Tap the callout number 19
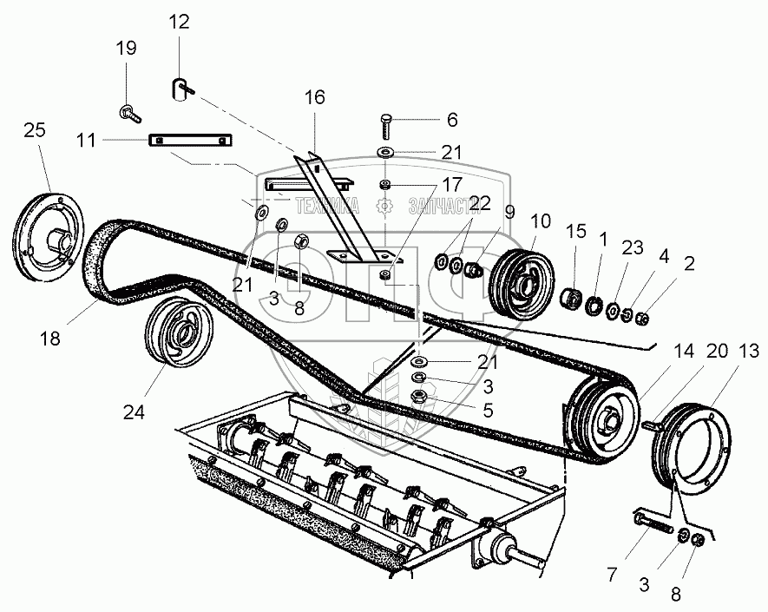(x=127, y=49)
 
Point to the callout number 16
(x=314, y=97)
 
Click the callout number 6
(x=451, y=120)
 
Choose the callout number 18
(x=50, y=339)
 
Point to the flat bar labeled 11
(x=191, y=141)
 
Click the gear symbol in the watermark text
(x=384, y=206)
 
